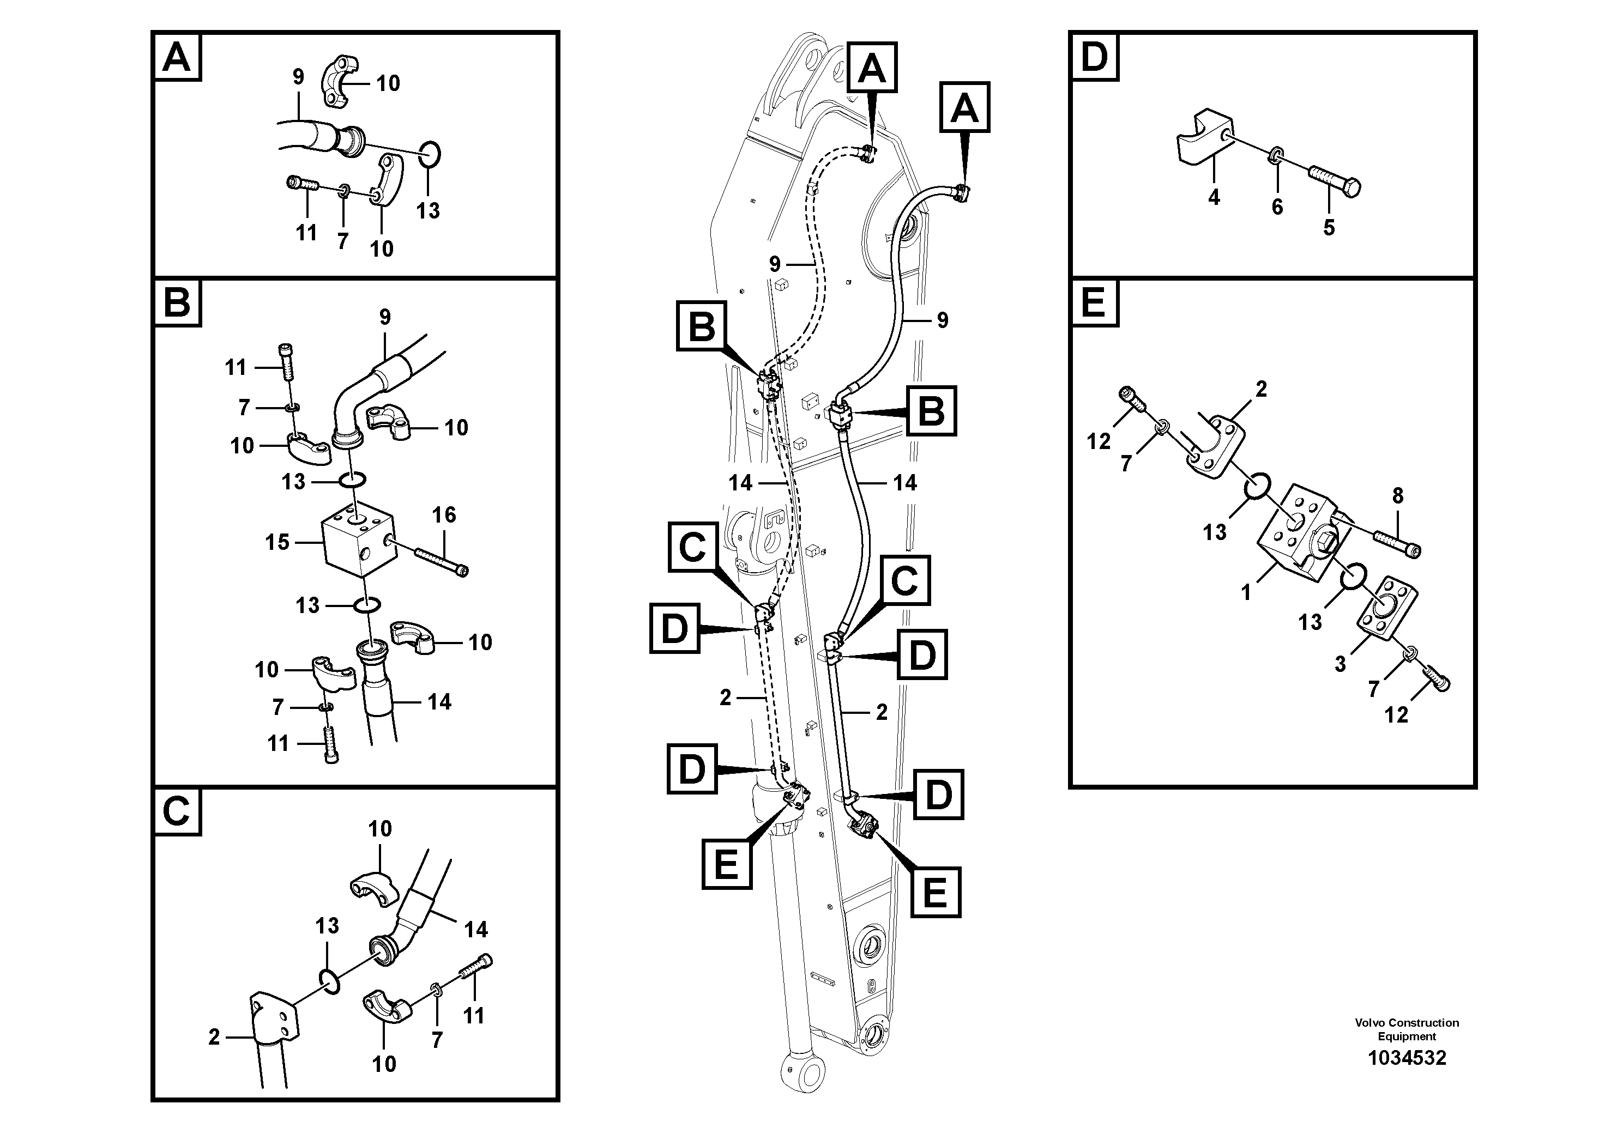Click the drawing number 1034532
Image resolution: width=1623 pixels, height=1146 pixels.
coord(1406,1058)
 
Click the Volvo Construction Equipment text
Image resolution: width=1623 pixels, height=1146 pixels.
coord(1406,1029)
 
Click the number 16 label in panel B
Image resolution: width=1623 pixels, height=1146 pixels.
coord(444,515)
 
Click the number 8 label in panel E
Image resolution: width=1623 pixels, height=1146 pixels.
coord(1397,496)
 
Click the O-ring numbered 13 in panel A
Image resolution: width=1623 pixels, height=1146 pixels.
coord(429,155)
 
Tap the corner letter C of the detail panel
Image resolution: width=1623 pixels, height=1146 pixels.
coord(176,811)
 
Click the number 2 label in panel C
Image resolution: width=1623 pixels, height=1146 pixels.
coord(214,1037)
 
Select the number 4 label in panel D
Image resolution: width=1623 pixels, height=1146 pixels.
coord(1214,198)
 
